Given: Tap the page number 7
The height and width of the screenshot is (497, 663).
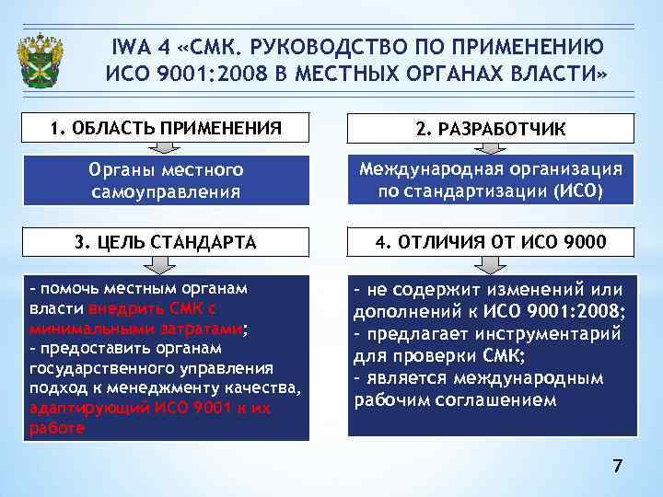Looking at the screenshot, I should pos(618,468).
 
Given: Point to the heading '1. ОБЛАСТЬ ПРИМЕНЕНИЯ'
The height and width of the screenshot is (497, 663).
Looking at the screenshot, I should pos(166,127).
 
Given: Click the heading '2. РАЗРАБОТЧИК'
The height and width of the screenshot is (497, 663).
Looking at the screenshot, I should pos(491,129).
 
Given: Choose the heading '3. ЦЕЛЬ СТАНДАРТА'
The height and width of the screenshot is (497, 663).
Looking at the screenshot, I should pos(166,242).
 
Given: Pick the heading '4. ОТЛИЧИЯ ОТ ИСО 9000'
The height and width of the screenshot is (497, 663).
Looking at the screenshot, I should pos(491,242).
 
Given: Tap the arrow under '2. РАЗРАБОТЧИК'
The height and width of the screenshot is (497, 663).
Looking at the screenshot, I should pos(491,148).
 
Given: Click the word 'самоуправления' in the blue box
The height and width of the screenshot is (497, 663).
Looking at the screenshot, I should pos(166,192).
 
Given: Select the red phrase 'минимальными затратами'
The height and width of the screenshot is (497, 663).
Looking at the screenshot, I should pos(134,329).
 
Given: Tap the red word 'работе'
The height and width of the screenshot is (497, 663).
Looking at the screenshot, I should pos(57,428).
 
